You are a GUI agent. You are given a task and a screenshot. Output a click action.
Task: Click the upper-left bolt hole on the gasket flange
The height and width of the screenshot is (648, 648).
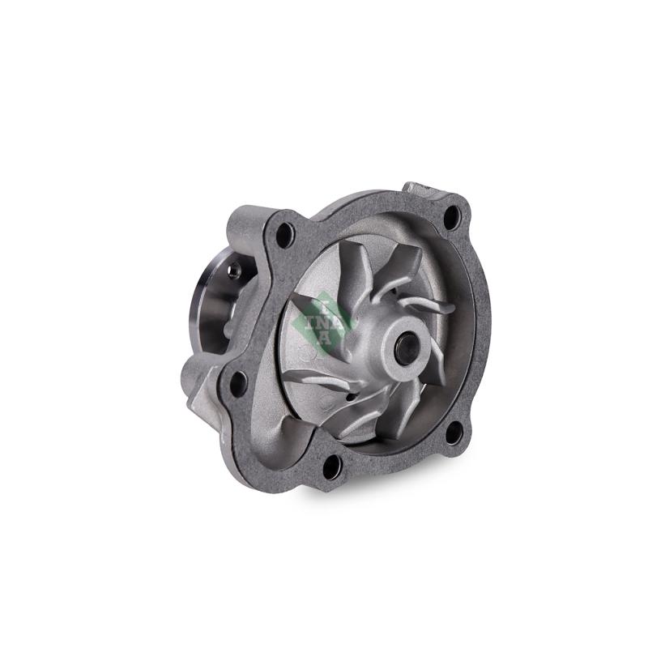coord(285,235)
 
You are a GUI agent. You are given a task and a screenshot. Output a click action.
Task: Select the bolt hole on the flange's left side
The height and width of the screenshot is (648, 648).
coord(239,383)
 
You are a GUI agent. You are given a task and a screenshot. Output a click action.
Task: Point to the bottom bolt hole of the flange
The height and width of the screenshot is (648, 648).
coord(331,466)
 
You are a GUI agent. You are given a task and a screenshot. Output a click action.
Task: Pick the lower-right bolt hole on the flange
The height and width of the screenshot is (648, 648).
coord(454,433)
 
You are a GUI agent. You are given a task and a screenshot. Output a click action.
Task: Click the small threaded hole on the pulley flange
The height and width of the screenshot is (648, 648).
coord(233,272)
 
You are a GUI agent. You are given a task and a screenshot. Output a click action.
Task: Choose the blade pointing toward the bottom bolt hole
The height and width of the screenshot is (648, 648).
coord(369,413)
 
